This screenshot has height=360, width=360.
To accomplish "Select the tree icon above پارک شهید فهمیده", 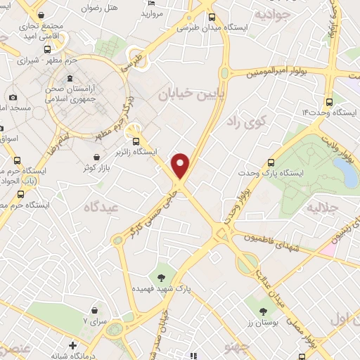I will pyautogui.click(x=162, y=276).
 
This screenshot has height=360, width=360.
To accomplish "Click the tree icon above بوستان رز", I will pyautogui.click(x=263, y=310).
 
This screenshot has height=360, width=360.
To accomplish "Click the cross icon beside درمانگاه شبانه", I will pyautogui.click(x=73, y=345).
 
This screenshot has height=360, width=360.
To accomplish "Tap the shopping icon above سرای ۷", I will pyautogui.click(x=94, y=309).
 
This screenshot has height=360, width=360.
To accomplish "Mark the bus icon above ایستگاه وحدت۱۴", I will pyautogui.click(x=330, y=100).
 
